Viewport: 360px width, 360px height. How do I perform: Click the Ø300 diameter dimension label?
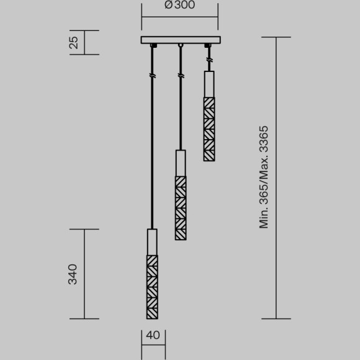pyautogui.click(x=180, y=6)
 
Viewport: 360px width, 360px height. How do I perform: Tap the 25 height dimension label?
pyautogui.click(x=73, y=42)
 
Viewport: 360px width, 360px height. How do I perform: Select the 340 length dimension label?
pyautogui.click(x=73, y=274)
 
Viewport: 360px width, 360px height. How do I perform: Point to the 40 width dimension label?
pyautogui.click(x=152, y=336)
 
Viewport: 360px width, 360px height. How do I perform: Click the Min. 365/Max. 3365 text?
pyautogui.click(x=264, y=177)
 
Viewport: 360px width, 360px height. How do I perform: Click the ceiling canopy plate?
pyautogui.click(x=180, y=40)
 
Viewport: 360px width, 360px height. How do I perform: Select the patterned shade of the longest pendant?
pyautogui.click(x=152, y=286)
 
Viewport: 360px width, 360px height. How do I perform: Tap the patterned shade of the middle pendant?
pyautogui.click(x=181, y=208)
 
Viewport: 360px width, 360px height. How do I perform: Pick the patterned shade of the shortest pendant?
pyautogui.click(x=209, y=128)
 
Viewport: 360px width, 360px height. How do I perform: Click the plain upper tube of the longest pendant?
pyautogui.click(x=152, y=242)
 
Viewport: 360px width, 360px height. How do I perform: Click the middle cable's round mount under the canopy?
pyautogui.click(x=181, y=47)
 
